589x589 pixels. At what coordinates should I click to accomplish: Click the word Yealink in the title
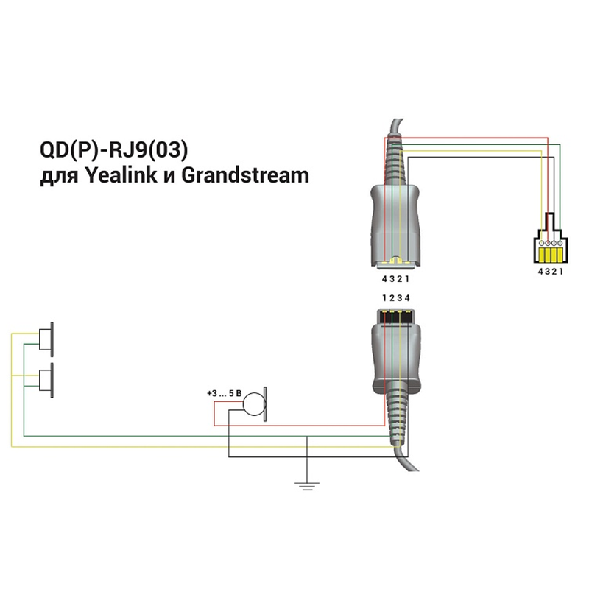pos(120,175)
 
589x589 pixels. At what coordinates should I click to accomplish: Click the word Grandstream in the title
pos(245,175)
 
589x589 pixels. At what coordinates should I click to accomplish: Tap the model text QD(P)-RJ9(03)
pos(114,150)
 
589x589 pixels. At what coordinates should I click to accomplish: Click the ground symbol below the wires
pos(307,486)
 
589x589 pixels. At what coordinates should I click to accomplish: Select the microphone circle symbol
pos(254,404)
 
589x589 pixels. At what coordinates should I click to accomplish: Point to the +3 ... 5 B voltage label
pos(225,394)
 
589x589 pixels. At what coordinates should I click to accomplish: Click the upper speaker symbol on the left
pos(46,339)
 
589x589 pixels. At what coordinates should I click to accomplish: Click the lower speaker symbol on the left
pos(46,380)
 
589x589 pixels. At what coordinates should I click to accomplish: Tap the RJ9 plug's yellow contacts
pos(550,254)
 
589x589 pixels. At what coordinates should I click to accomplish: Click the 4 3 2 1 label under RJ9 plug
pos(551,272)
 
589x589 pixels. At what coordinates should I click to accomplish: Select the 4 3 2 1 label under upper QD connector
pos(395,279)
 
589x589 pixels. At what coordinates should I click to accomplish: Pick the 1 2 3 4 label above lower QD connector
pos(396,298)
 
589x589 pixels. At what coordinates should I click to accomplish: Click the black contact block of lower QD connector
pos(396,316)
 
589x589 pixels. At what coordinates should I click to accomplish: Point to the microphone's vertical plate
pos(265,404)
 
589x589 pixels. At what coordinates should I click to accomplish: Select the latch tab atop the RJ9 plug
pos(550,222)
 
